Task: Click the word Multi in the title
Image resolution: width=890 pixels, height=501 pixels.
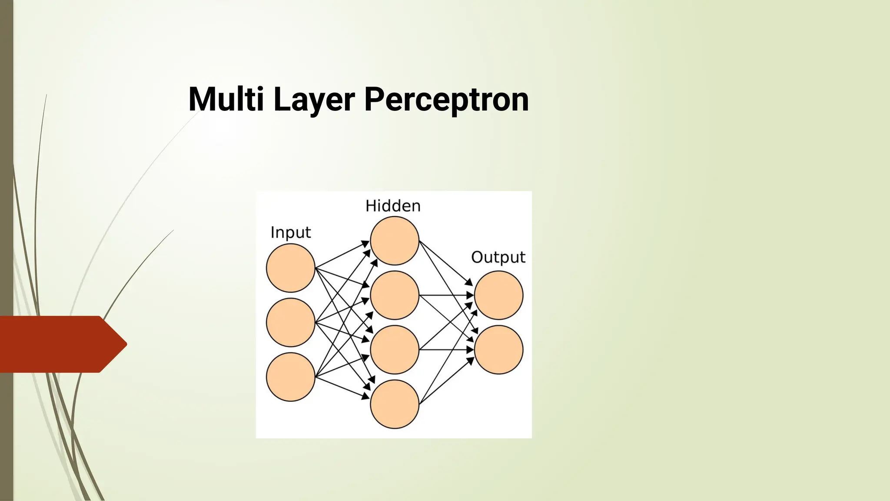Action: pos(226,99)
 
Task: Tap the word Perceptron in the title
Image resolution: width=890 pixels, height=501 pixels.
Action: pos(446,100)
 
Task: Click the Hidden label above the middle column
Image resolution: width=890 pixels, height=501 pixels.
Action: pos(393,206)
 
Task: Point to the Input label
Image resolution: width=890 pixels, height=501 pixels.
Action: pos(290,233)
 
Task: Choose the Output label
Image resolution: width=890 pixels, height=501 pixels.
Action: pos(498,257)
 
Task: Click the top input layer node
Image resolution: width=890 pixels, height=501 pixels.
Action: pos(290,268)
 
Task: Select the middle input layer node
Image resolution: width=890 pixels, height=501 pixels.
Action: pos(290,322)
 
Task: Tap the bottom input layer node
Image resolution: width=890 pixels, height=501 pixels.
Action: pos(290,377)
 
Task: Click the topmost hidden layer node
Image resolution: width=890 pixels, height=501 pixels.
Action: pos(395,240)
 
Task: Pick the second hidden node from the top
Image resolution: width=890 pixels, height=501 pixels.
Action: pos(395,295)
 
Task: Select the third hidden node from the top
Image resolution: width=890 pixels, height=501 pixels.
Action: pos(395,349)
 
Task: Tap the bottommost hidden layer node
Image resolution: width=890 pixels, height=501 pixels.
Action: pos(395,404)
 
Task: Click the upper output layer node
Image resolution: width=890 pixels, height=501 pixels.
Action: pos(498,295)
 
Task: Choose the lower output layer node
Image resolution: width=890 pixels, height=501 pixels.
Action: pos(498,349)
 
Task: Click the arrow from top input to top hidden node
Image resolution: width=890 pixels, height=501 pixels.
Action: pos(342,255)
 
